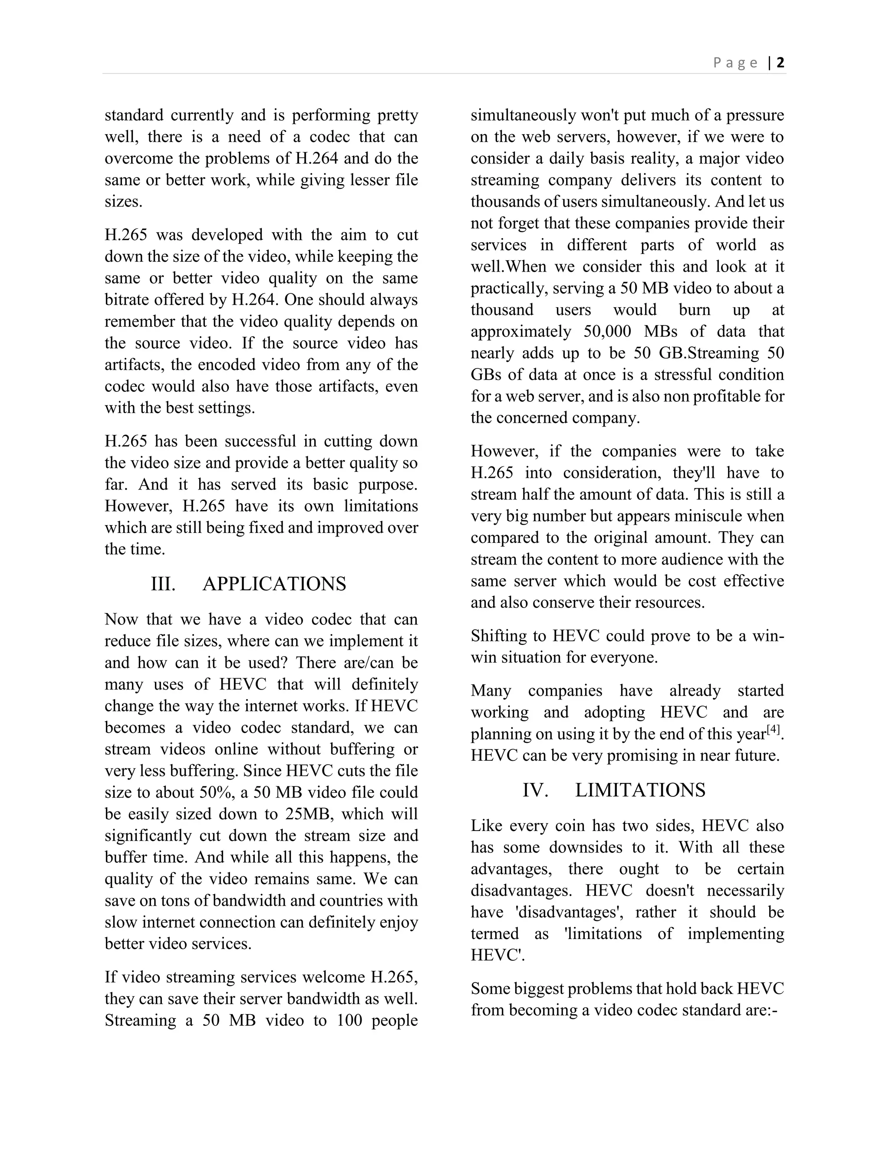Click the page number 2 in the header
click(x=780, y=62)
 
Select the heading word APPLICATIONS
click(x=274, y=584)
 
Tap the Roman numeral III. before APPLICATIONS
click(x=163, y=584)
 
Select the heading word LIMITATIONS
click(x=640, y=790)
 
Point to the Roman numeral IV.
click(x=536, y=790)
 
